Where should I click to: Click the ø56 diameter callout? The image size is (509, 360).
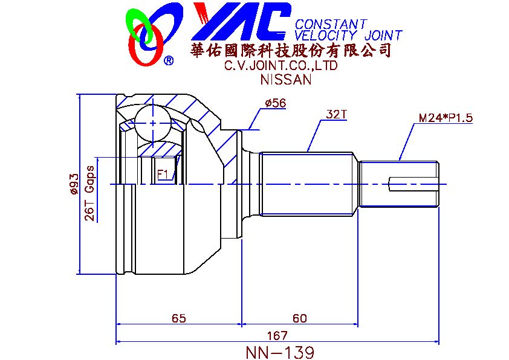pos(275,103)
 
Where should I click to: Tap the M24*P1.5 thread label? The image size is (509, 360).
pos(446,118)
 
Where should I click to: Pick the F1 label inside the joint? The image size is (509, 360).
pos(163,174)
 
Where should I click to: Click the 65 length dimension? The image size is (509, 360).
pos(178,318)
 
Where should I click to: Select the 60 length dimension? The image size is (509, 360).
pos(299,318)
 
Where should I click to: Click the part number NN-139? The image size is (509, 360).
pos(280,352)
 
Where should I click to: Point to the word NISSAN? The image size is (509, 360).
pos(285,79)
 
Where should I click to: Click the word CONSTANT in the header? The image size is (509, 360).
pos(331,24)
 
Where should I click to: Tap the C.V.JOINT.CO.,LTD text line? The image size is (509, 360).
pos(280,65)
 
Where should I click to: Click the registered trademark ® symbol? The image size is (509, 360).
pos(169,60)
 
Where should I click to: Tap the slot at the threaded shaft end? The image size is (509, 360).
pos(412,184)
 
